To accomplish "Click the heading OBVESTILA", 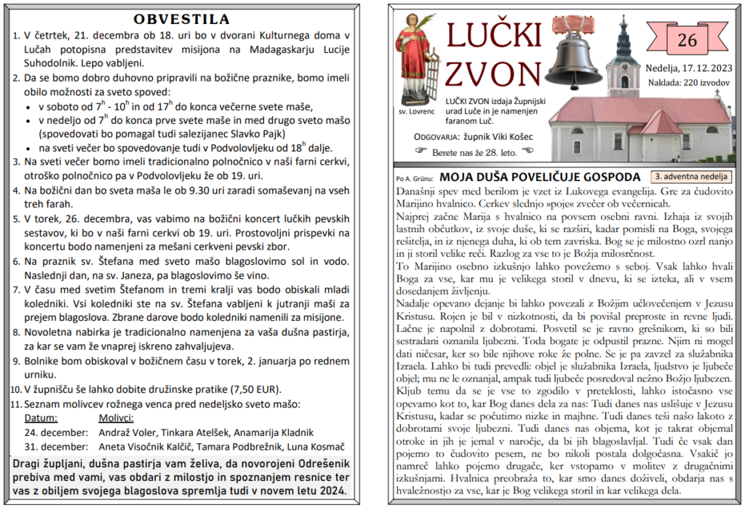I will (x=182, y=19).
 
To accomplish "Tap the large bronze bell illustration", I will (x=579, y=54).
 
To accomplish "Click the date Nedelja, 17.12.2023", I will (x=687, y=69).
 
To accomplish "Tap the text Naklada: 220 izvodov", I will (x=688, y=82).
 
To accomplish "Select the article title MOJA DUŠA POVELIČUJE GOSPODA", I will (x=540, y=177).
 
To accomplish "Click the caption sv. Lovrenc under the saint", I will (x=417, y=112).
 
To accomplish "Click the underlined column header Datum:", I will (x=41, y=418).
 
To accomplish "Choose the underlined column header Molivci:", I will (x=116, y=418).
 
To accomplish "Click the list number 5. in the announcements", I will (x=17, y=218).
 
